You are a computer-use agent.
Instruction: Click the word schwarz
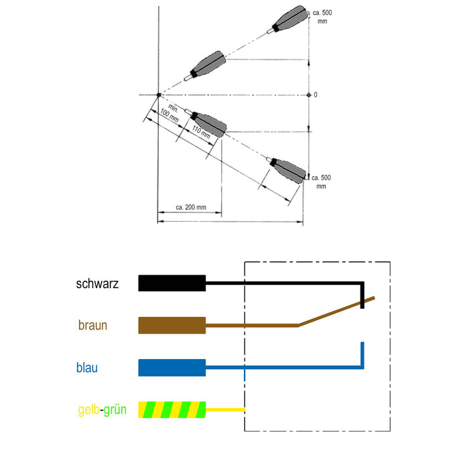point(97,283)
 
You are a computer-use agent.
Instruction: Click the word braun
point(92,325)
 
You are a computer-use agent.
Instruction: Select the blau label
point(87,368)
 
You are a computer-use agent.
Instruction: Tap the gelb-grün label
point(103,409)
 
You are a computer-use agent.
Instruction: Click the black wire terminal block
point(172,283)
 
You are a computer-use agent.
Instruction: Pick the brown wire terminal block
point(172,326)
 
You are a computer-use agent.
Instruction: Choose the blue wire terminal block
point(172,368)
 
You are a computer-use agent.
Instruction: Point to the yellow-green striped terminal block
point(172,410)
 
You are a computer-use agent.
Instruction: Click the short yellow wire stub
point(225,410)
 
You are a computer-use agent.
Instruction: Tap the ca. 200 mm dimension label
point(191,207)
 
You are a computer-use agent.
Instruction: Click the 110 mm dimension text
point(201,132)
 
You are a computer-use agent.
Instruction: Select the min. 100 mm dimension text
point(171,113)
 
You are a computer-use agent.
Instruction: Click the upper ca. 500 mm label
point(322,17)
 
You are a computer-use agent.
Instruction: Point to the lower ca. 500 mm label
point(321,182)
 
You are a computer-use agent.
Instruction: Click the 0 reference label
point(316,95)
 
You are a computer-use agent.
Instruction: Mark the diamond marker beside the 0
point(309,95)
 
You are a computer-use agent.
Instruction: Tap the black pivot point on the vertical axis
point(159,95)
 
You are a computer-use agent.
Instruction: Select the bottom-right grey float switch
point(287,170)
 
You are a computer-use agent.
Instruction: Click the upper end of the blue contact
point(362,343)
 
